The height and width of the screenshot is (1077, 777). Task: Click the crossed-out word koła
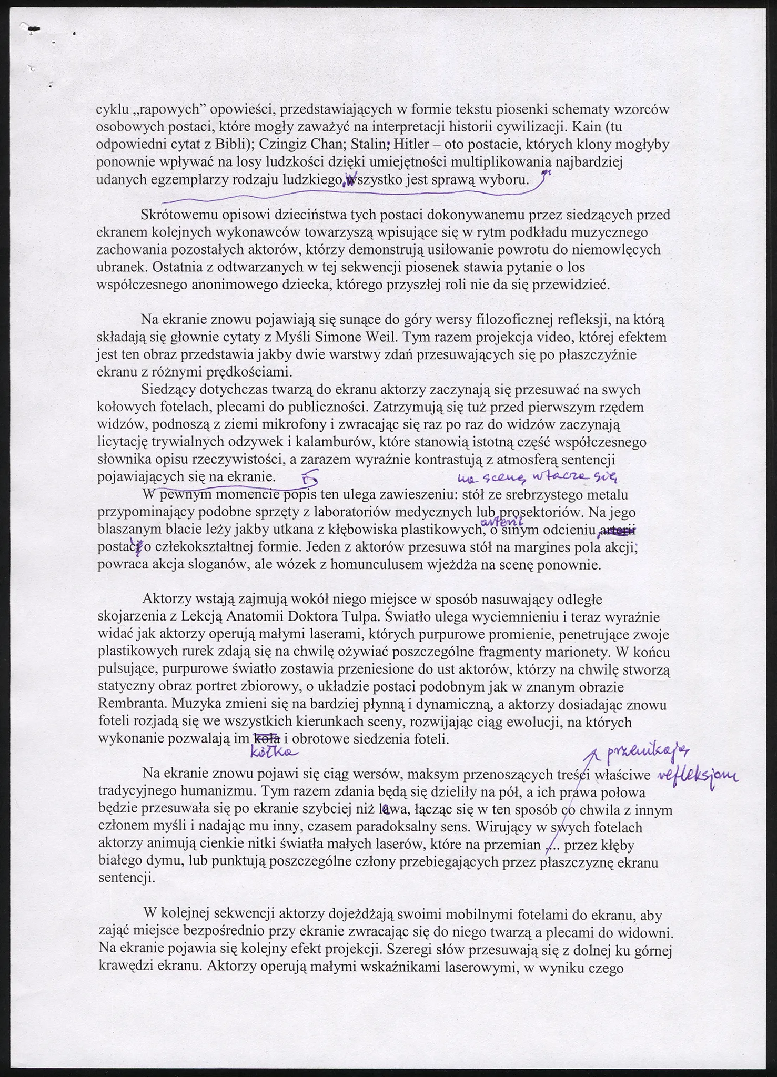(267, 738)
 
